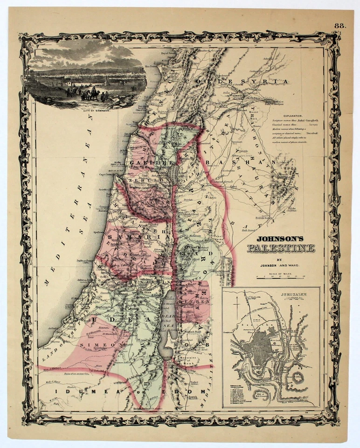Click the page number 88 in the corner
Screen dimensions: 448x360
click(340, 26)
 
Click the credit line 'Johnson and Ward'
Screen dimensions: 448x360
click(280, 266)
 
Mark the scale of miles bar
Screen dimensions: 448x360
click(280, 279)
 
